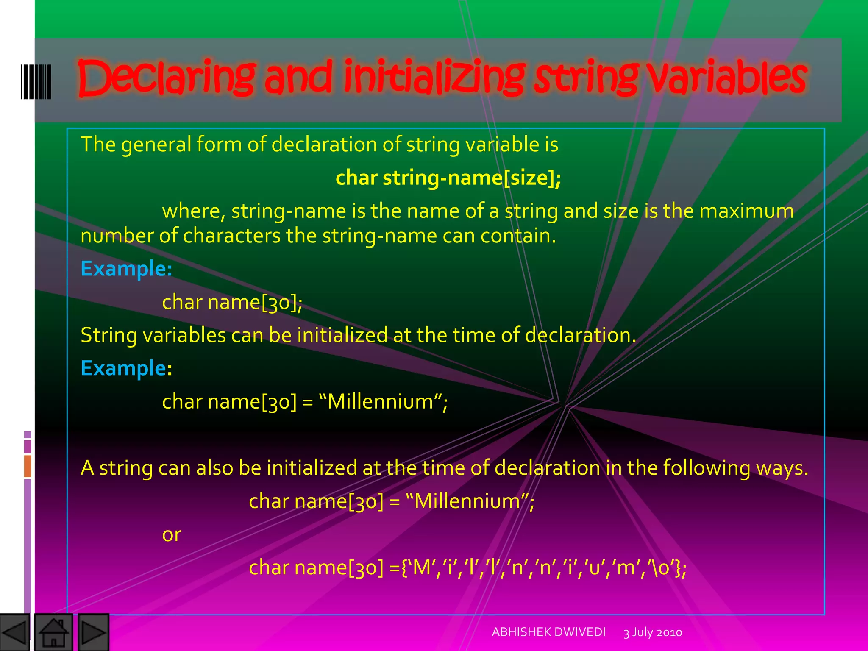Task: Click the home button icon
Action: (x=53, y=632)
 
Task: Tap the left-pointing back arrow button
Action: (x=15, y=632)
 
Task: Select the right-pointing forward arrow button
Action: (x=93, y=632)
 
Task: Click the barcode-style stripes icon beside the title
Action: (x=36, y=82)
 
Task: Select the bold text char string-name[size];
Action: (x=448, y=178)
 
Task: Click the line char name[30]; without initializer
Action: (x=232, y=302)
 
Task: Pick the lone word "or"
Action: (x=172, y=534)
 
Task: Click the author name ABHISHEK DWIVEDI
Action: (x=548, y=632)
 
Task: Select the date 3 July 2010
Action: (x=653, y=632)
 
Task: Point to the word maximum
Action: (x=746, y=211)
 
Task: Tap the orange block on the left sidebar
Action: (x=28, y=466)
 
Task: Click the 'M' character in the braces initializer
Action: (x=421, y=568)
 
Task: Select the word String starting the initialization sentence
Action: (x=108, y=335)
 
